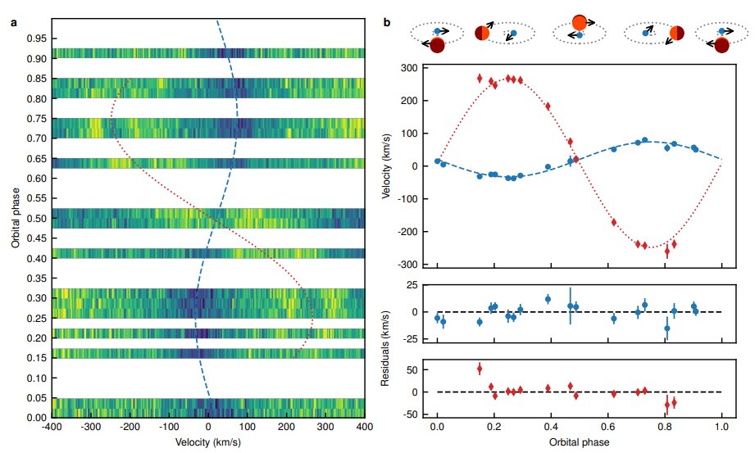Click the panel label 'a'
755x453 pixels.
(13, 22)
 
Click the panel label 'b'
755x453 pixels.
(389, 22)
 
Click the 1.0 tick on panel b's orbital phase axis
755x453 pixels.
(721, 428)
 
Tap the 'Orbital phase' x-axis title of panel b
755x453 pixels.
(579, 442)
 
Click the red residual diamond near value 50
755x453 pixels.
(480, 369)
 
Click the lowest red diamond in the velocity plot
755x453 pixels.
(666, 252)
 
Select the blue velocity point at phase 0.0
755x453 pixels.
(438, 161)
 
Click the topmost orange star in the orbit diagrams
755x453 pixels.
(579, 22)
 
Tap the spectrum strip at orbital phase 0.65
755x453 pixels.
(207, 163)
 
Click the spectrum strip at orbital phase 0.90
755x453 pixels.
(207, 53)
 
